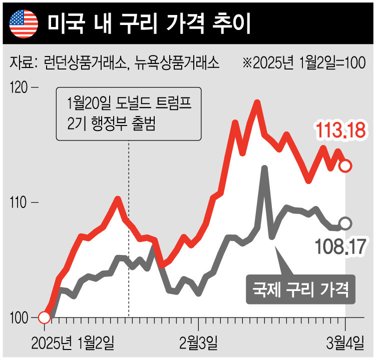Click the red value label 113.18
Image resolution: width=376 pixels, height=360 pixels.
pyautogui.click(x=340, y=130)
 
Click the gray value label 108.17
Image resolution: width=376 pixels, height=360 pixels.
pyautogui.click(x=340, y=245)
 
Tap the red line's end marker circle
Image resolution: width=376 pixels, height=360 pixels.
pyautogui.click(x=345, y=165)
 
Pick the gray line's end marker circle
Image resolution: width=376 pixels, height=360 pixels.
pyautogui.click(x=345, y=223)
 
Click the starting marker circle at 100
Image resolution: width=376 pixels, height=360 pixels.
pyautogui.click(x=44, y=317)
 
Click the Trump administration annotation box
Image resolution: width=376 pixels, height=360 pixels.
pyautogui.click(x=129, y=114)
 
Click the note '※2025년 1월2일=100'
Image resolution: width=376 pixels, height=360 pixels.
pyautogui.click(x=303, y=63)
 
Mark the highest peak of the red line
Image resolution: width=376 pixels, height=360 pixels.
pyautogui.click(x=257, y=102)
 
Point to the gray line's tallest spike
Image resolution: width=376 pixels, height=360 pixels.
pyautogui.click(x=264, y=168)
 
